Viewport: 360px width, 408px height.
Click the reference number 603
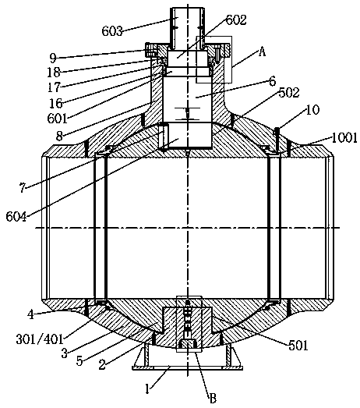click(111, 31)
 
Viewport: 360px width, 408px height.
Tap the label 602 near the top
click(236, 20)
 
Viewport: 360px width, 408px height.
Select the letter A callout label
click(262, 52)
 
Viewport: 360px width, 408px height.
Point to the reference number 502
click(289, 93)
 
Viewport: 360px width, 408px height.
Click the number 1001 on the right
click(344, 138)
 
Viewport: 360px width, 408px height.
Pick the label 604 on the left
click(16, 217)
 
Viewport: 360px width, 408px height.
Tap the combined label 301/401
click(40, 339)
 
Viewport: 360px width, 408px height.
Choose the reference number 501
click(298, 346)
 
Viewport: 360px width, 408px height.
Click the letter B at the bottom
click(213, 398)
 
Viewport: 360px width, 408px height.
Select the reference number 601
click(57, 119)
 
